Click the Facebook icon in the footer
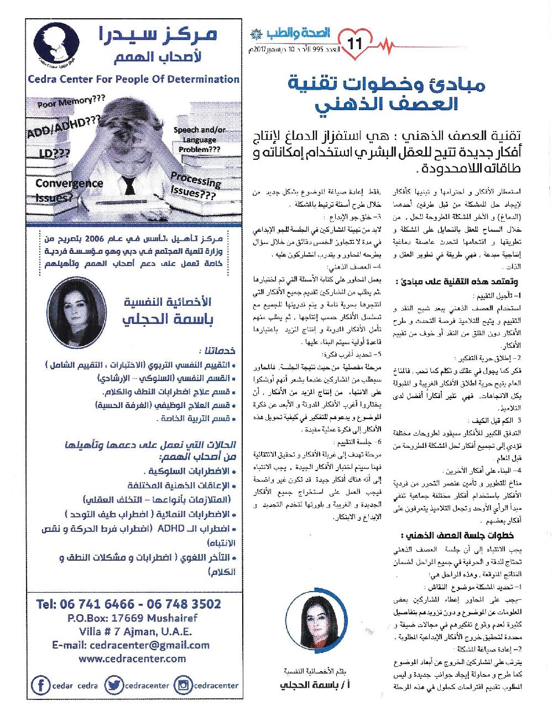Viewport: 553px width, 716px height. (41, 685)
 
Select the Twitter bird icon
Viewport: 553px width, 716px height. (114, 685)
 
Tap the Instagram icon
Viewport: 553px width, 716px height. (182, 685)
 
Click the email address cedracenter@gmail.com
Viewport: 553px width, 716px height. (131, 645)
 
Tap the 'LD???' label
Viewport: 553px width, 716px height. (54, 154)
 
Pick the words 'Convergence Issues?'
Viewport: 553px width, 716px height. (69, 190)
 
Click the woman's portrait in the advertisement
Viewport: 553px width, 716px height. (77, 311)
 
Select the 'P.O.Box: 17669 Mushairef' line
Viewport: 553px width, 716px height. (132, 618)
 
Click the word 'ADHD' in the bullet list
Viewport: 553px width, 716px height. (171, 529)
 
